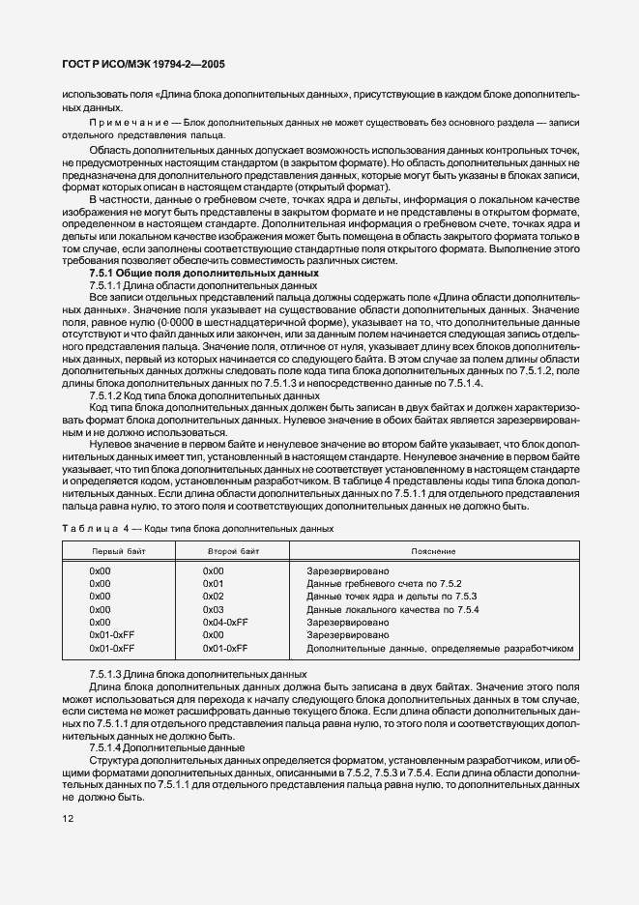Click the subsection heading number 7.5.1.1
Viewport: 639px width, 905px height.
click(104, 286)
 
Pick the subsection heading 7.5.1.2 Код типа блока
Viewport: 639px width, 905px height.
click(204, 395)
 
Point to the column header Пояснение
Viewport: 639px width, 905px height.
click(433, 550)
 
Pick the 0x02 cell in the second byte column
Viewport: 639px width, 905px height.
click(213, 597)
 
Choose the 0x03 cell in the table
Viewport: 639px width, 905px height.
click(213, 610)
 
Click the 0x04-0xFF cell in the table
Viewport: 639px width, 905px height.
click(225, 623)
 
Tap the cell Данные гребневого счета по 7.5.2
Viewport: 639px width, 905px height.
click(384, 584)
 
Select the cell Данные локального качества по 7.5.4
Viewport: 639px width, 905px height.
click(392, 610)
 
